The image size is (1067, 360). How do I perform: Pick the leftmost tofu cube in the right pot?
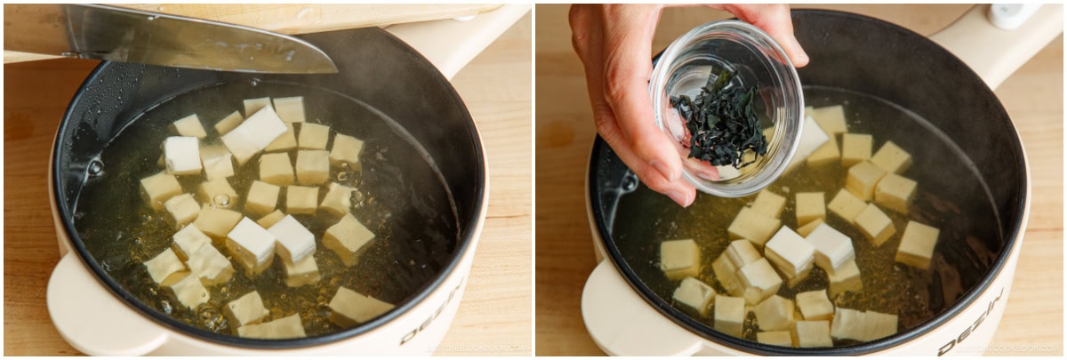[x=680, y=258]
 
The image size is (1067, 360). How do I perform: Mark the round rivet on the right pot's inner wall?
[x=629, y=182]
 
